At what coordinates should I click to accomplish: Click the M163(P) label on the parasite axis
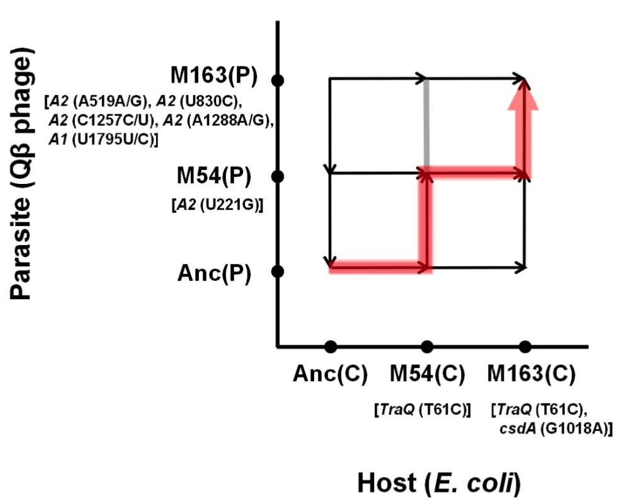(213, 75)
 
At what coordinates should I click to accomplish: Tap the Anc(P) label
(214, 273)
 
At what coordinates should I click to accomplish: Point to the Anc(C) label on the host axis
(330, 373)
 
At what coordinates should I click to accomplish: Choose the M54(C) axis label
(428, 373)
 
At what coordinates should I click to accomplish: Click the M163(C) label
(531, 373)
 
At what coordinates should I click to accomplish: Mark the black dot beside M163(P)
(278, 80)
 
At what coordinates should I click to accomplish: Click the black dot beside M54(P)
(278, 176)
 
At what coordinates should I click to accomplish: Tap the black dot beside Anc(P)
(278, 272)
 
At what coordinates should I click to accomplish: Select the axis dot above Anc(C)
(331, 346)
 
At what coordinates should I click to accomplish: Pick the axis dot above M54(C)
(427, 346)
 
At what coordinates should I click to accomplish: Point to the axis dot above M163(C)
(525, 346)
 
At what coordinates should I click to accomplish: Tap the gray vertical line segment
(426, 123)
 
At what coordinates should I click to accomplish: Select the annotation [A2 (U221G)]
(217, 205)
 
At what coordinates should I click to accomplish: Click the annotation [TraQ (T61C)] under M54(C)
(423, 410)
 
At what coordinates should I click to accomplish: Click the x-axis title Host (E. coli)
(439, 483)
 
